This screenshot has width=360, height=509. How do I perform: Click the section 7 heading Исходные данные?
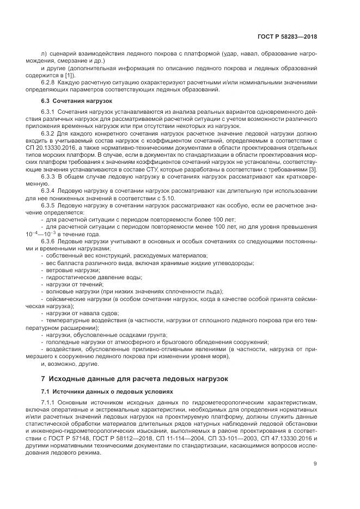135,378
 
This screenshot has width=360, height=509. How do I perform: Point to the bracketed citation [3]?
313,169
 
